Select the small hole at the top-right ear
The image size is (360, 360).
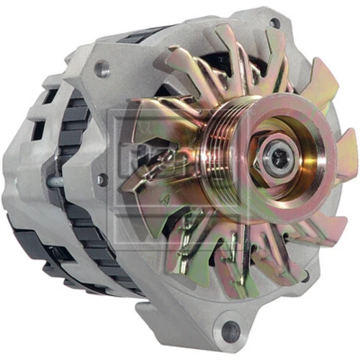coord(275,23)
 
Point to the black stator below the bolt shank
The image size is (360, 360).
coord(79,223)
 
